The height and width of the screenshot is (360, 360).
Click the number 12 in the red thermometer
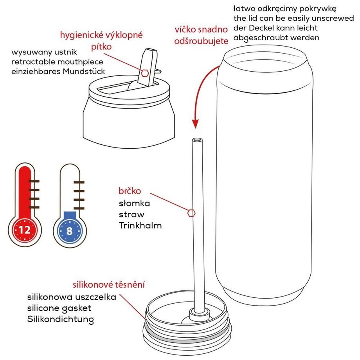(25, 230)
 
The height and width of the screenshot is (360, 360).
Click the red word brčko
(129, 191)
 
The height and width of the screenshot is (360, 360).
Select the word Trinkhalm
(140, 225)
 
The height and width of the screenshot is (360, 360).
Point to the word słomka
(134, 203)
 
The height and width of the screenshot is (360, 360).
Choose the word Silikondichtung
(61, 319)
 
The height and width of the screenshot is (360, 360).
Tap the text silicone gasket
(59, 308)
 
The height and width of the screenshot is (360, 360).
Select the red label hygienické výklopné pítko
(101, 40)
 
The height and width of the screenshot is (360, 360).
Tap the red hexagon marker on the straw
(191, 212)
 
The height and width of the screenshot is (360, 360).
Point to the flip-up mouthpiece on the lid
(148, 67)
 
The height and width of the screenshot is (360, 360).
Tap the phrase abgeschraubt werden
(276, 38)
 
